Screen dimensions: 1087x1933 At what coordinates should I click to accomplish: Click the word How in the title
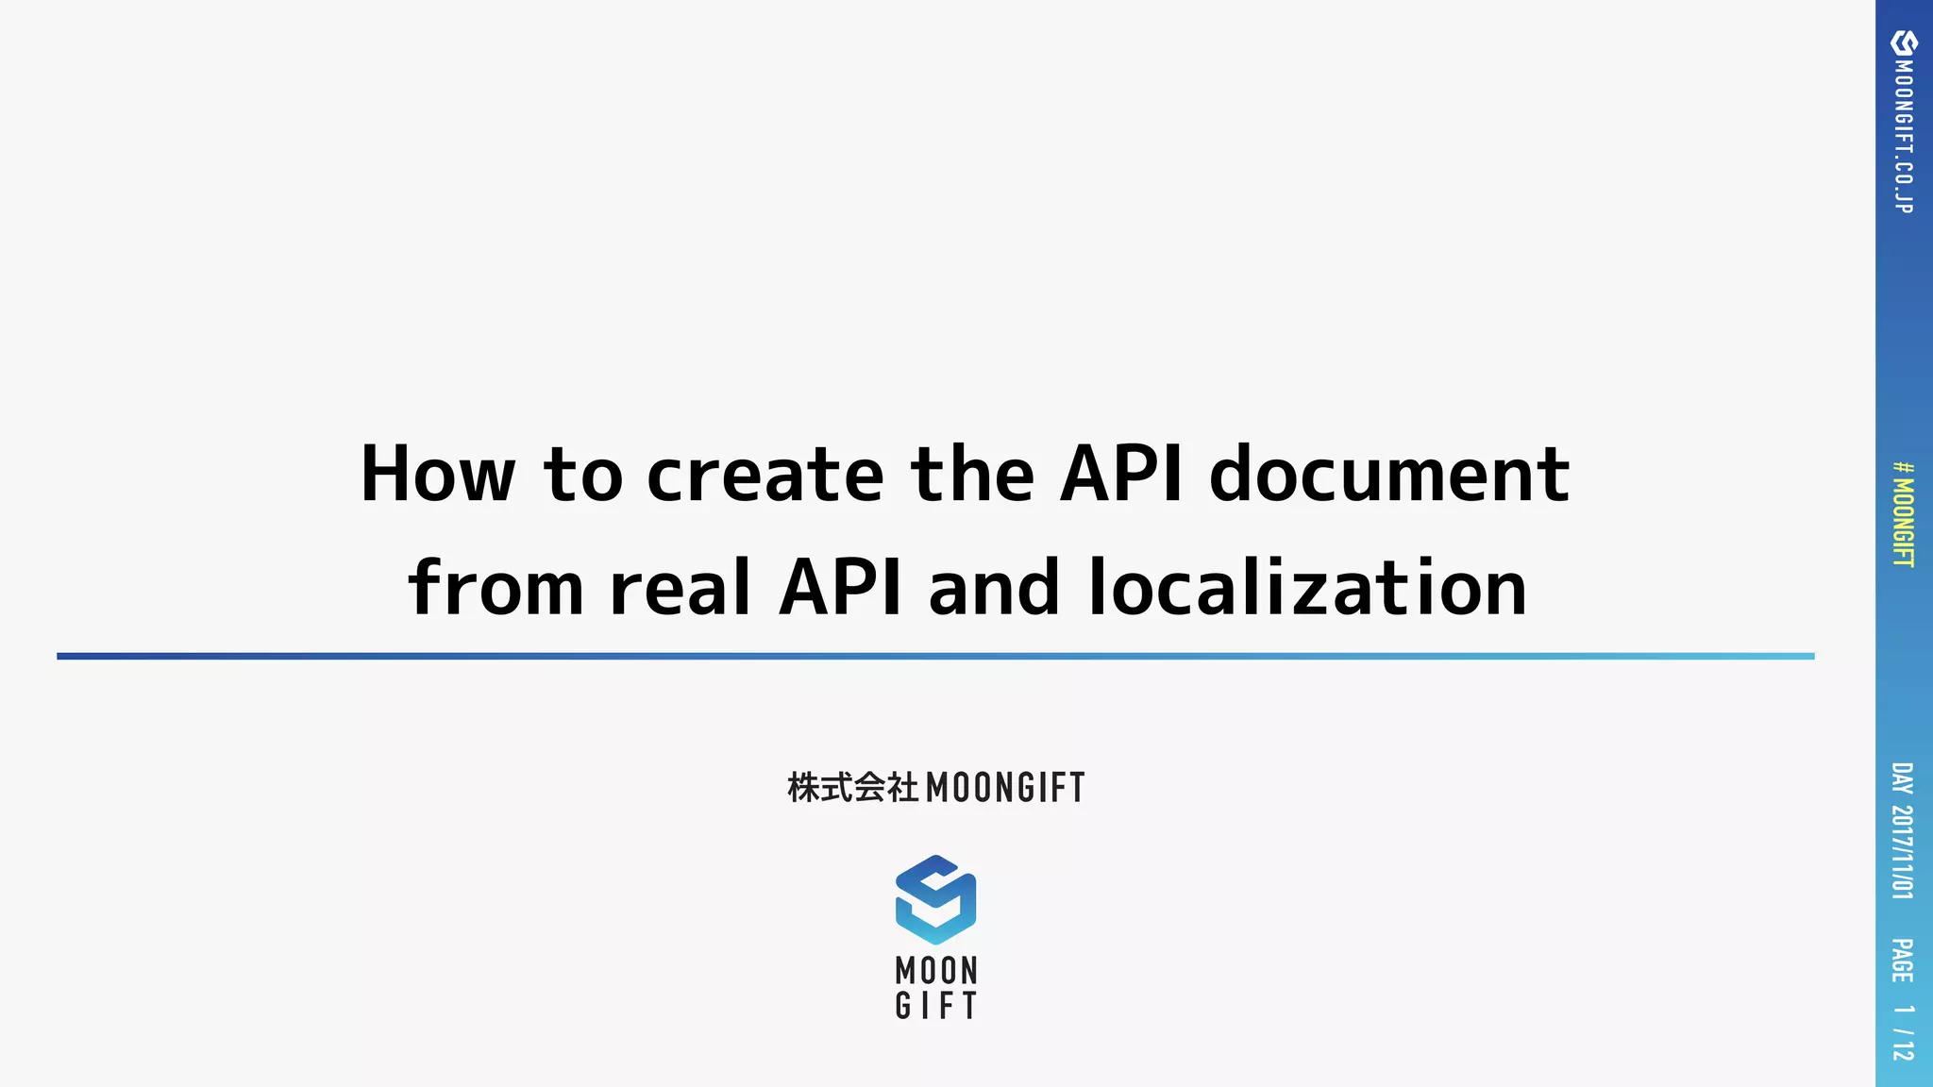point(438,474)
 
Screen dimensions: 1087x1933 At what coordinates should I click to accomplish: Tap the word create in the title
point(765,474)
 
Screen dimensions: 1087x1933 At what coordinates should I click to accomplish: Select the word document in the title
point(1389,474)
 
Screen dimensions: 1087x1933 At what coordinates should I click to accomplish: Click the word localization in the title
point(1308,588)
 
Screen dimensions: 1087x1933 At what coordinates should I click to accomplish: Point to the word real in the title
point(681,588)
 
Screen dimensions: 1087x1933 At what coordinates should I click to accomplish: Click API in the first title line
point(1121,474)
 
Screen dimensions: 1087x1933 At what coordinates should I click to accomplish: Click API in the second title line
point(840,588)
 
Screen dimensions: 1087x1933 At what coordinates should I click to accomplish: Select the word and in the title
point(994,588)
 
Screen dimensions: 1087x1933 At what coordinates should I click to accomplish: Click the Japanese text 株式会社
point(852,787)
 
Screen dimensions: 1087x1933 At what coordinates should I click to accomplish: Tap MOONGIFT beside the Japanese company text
point(1006,788)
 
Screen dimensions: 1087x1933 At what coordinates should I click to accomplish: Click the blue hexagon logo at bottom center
point(935,899)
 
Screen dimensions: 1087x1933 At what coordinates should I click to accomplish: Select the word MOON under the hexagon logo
point(936,970)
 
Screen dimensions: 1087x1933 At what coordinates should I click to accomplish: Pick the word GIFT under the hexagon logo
point(936,1006)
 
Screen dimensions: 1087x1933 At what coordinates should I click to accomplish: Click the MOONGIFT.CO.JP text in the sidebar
point(1904,137)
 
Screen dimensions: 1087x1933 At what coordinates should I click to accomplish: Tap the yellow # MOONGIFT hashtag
point(1904,514)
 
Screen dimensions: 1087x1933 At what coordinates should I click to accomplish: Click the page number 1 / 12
point(1903,1032)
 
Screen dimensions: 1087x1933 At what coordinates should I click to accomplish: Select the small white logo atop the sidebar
point(1904,42)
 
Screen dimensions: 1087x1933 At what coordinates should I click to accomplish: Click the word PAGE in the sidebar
point(1903,961)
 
